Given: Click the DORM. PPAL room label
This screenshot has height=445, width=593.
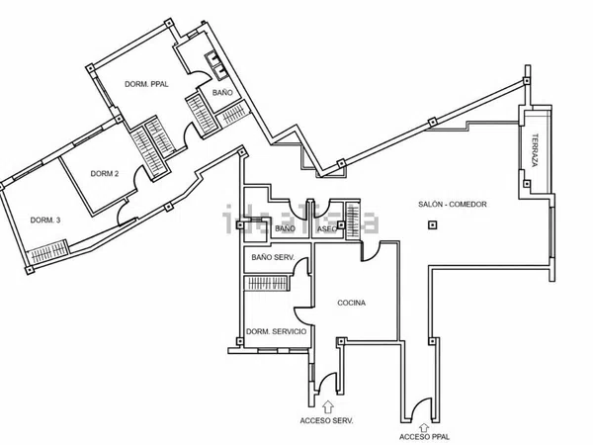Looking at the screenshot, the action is point(146,84).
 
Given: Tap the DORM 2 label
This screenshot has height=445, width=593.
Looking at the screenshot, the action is point(105,174).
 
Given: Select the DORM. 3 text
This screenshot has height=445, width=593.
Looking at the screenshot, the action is point(45,220).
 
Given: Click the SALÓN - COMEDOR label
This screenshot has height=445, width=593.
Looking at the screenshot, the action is point(453,205).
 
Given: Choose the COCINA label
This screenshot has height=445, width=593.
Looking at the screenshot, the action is point(351,303).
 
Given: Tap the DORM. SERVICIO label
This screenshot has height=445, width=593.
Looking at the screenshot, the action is point(277,331).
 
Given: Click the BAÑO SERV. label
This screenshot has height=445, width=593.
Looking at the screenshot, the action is point(273,257).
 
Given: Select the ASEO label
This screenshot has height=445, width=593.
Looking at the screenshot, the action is point(327,229).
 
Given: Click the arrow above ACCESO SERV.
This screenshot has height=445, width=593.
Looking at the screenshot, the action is point(327,406).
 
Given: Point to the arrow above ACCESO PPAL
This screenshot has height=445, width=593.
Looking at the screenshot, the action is point(424,428).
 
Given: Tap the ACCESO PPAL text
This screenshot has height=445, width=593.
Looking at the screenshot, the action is point(424,437).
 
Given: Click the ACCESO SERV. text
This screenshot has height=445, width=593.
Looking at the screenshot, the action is point(327,421).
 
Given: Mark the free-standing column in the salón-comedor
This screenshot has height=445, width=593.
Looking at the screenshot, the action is point(432,225).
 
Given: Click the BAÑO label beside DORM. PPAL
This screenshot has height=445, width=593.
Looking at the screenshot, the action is point(222,93).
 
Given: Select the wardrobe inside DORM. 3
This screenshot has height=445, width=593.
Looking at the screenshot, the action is point(48,251).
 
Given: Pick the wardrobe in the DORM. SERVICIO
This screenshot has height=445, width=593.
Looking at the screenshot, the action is point(267,283).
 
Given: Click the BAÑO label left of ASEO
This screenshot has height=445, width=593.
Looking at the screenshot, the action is point(285,228).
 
